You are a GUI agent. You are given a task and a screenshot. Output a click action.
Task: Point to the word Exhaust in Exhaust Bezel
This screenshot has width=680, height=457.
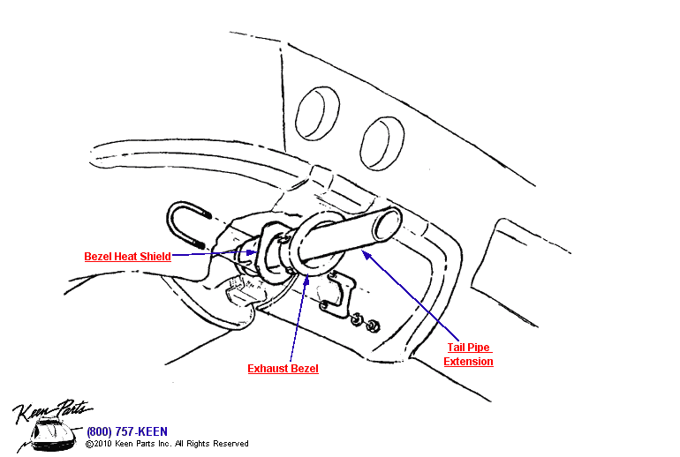(x=268, y=368)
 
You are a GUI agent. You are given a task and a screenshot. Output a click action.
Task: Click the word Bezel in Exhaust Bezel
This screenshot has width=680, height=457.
(x=304, y=368)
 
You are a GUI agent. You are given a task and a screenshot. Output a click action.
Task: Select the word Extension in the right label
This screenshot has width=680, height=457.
(x=468, y=362)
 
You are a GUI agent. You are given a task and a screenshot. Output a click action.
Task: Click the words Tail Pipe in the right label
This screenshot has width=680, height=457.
(x=467, y=348)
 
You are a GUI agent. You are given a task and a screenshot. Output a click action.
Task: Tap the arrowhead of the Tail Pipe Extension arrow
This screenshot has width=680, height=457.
(x=365, y=253)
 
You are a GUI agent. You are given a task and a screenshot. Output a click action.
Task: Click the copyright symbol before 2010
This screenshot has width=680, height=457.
(x=89, y=444)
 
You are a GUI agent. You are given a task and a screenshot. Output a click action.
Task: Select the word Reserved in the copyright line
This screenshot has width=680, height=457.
(x=231, y=444)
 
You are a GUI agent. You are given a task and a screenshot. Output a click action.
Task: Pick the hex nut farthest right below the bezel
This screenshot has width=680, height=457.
(x=374, y=326)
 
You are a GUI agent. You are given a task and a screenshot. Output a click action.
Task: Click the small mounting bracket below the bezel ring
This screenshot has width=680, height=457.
(x=336, y=294)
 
